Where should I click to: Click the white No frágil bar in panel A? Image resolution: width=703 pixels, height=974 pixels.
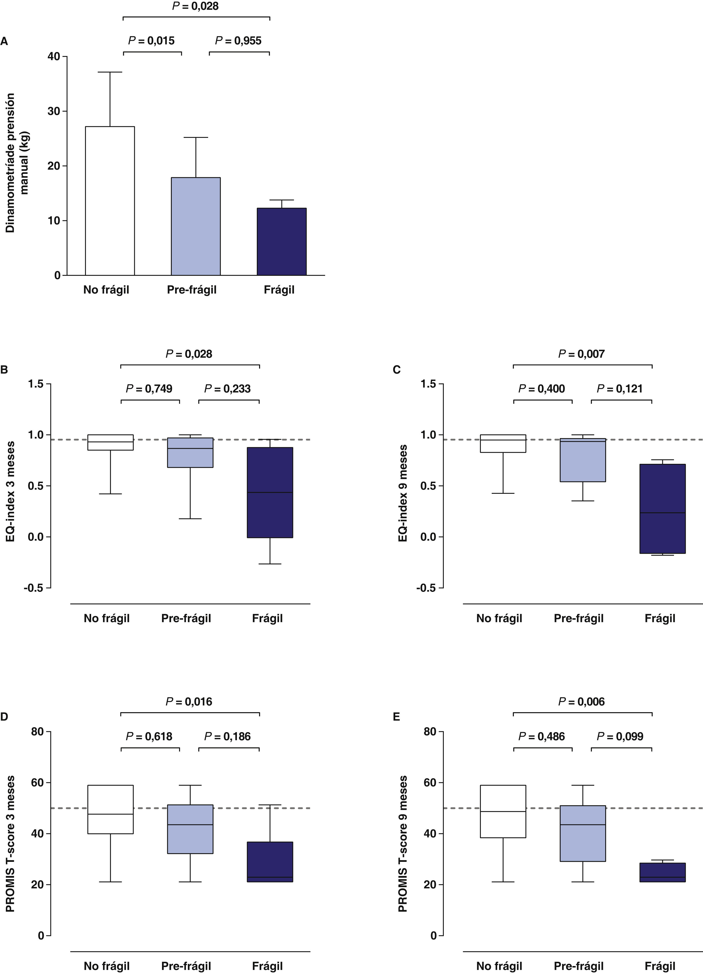110,201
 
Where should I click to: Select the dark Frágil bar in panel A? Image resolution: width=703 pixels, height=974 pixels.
281,241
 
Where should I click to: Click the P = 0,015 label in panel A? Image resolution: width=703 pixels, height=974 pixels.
152,41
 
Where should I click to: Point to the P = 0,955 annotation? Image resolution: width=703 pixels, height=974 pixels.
238,41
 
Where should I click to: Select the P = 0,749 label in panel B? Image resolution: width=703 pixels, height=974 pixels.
149,389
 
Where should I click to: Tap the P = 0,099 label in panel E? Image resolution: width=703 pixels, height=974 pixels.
620,737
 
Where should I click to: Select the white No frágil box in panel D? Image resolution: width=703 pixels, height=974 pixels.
110,809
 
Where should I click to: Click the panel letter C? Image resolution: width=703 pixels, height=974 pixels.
397,370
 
